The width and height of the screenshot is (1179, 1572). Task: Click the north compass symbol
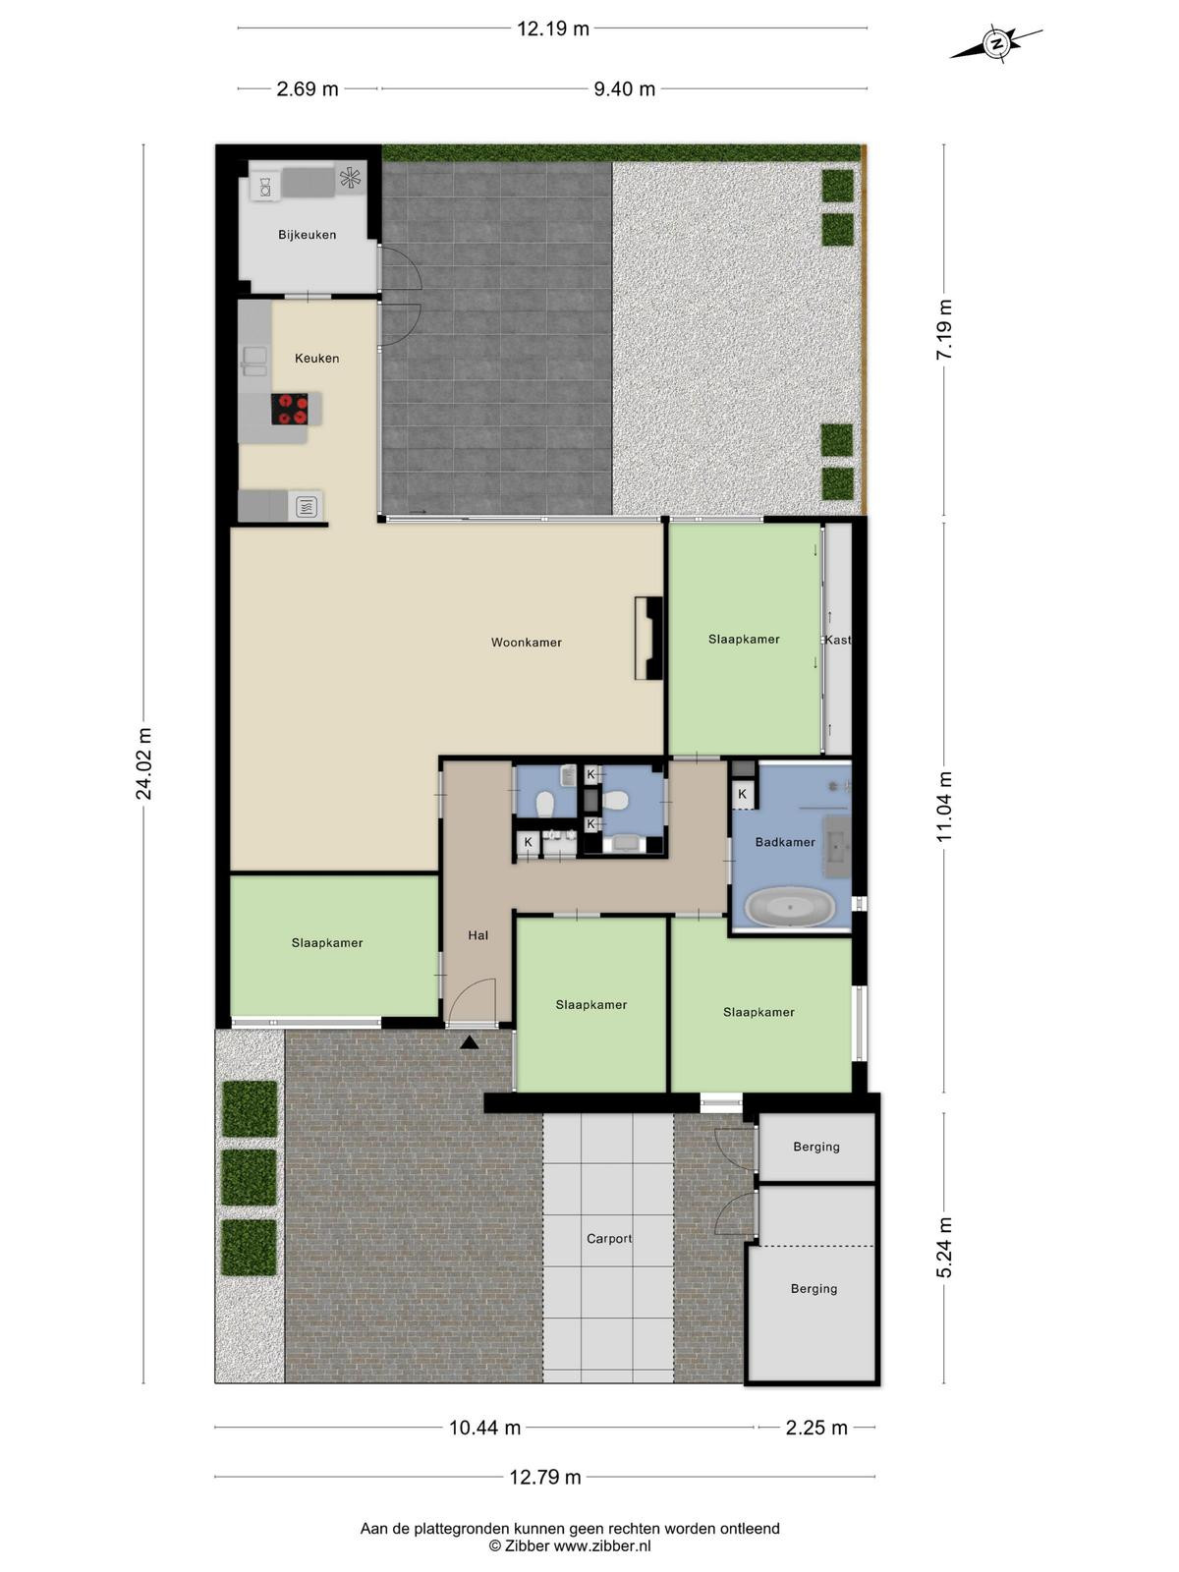(995, 43)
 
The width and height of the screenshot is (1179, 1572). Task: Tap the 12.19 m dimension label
(552, 28)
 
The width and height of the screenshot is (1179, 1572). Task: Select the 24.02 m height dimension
(143, 762)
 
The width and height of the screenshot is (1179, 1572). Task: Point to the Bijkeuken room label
(308, 234)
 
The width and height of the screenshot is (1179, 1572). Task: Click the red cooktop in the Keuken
(289, 409)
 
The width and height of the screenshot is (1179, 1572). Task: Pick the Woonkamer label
(527, 643)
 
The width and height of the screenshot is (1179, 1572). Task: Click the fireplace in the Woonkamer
(648, 638)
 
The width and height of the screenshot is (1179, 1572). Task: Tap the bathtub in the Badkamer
(790, 908)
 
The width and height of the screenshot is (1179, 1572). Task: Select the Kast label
(837, 640)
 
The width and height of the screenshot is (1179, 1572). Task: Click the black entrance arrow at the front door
(469, 1042)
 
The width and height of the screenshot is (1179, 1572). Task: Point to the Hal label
(478, 934)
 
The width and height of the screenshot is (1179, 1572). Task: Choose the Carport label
(609, 1238)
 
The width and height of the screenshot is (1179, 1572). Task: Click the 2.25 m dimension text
(816, 1428)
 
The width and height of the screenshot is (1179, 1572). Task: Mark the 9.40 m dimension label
(624, 88)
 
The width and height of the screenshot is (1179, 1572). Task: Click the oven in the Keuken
(306, 507)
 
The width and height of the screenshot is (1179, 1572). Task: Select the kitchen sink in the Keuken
(254, 361)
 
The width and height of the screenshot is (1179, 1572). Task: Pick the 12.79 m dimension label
(544, 1478)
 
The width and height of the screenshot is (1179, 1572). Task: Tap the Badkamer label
(785, 842)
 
